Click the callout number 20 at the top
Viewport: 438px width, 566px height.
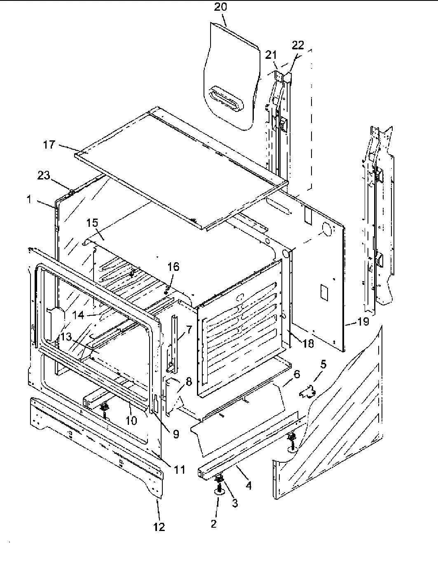pyautogui.click(x=220, y=7)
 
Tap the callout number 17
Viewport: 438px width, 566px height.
pyautogui.click(x=49, y=144)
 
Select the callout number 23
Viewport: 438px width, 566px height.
pyautogui.click(x=44, y=176)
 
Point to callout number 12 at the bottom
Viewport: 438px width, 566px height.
pyautogui.click(x=159, y=526)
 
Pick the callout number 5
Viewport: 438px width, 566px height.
pyautogui.click(x=323, y=364)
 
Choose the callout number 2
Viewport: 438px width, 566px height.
pyautogui.click(x=213, y=524)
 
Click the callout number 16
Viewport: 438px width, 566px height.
pyautogui.click(x=173, y=267)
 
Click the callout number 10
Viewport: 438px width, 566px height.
pyautogui.click(x=131, y=421)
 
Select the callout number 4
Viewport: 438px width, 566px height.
pyautogui.click(x=248, y=485)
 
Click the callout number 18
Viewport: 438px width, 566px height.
pyautogui.click(x=308, y=343)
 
